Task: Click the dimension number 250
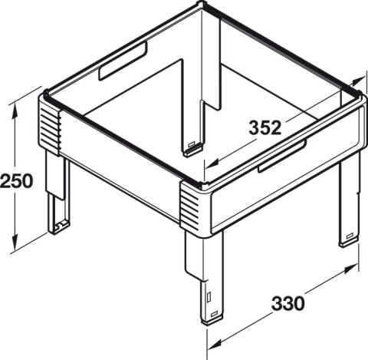[x=17, y=180]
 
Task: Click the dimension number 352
[x=265, y=127]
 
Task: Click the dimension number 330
[x=288, y=303]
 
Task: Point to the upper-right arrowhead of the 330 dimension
[x=350, y=269]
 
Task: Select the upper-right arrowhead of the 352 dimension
[x=359, y=81]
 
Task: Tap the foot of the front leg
[x=212, y=319]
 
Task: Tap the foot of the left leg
[x=59, y=229]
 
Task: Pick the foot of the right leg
[x=349, y=240]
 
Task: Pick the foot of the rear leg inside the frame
[x=193, y=150]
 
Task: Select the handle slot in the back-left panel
[x=123, y=61]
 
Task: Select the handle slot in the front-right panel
[x=282, y=156]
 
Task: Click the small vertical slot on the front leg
[x=209, y=297]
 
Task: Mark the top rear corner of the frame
[x=202, y=4]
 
